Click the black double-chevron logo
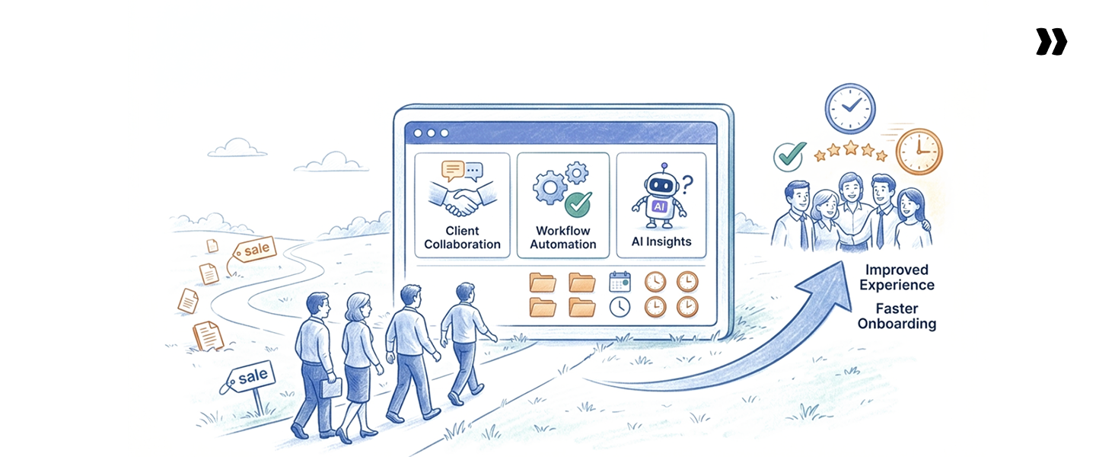[1051, 42]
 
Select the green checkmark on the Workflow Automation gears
[578, 204]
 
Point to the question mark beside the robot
[687, 183]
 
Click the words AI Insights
[661, 241]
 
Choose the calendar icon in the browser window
[620, 282]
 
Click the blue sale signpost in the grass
[251, 376]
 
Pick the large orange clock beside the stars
[919, 151]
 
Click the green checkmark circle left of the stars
[789, 156]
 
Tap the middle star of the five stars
[851, 148]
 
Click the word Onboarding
[897, 324]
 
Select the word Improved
[896, 270]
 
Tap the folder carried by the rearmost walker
[331, 388]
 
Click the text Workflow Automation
[563, 237]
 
